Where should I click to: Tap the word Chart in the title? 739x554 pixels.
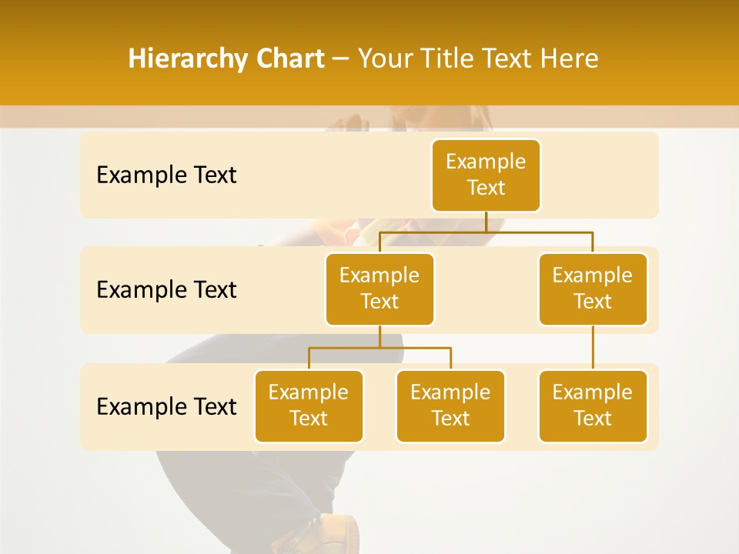coord(286,59)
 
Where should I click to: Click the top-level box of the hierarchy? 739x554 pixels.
coord(486,175)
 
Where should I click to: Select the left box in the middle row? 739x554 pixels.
coord(380,289)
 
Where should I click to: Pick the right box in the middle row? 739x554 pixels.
coord(593,289)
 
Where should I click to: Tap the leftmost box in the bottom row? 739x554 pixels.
coord(309,406)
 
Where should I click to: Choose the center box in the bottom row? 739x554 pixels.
coord(450,406)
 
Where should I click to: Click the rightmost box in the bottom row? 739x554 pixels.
coord(593,406)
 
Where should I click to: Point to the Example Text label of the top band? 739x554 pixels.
coord(166,175)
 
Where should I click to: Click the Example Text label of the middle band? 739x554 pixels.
coord(166,290)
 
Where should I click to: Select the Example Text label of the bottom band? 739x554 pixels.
coord(166,406)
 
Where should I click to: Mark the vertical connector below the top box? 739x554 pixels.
coord(486,222)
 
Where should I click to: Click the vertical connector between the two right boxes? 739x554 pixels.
coord(593,348)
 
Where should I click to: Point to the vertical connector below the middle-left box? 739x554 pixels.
coord(380,336)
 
